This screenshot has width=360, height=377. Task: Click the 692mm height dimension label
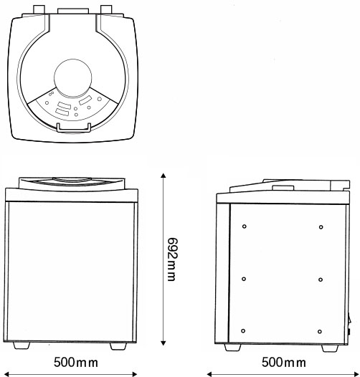tap(172, 259)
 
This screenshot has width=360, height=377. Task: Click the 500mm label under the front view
tap(76, 363)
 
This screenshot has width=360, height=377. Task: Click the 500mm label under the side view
tap(284, 363)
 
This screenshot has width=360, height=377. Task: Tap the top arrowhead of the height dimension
tap(164, 175)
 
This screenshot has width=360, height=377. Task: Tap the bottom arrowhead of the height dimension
tap(164, 343)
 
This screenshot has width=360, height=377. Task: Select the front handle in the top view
tap(74, 128)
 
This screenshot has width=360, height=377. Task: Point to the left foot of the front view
tap(22, 345)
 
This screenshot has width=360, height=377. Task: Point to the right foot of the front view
tap(118, 346)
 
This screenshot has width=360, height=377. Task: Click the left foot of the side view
tap(232, 348)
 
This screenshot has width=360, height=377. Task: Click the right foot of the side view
tap(330, 348)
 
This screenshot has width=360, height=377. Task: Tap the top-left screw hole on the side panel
tap(245, 226)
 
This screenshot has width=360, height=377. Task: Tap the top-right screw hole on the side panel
tap(321, 227)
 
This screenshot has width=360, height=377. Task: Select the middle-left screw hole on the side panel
tap(244, 279)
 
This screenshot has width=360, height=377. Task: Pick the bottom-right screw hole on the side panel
tap(320, 332)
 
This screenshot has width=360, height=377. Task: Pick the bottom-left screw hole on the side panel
tap(243, 331)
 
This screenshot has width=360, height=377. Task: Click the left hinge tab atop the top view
tap(39, 9)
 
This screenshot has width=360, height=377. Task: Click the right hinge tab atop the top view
tap(106, 9)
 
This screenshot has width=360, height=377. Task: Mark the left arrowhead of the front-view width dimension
tap(7, 374)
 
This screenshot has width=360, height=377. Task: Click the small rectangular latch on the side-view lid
tap(283, 188)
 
